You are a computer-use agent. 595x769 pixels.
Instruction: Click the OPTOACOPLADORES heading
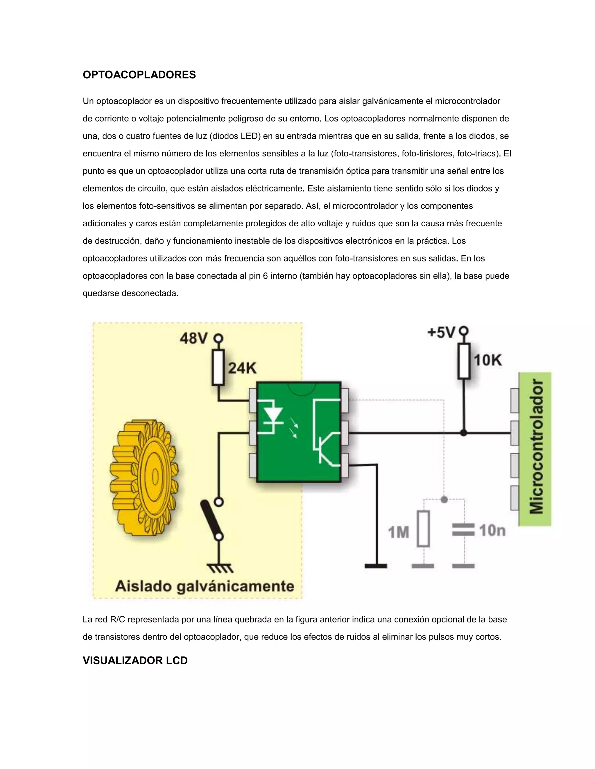coord(139,75)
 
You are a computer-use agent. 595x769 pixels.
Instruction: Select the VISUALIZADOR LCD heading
coord(135,660)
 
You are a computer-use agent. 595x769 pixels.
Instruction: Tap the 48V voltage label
coord(193,338)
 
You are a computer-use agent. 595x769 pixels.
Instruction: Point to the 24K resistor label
coord(243,368)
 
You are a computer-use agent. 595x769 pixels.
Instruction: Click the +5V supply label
coord(441,332)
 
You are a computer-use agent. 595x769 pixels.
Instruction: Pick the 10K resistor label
coord(488,360)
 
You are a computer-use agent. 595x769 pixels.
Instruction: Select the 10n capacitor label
coord(492,530)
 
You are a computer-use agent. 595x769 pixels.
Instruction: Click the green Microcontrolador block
coord(535,449)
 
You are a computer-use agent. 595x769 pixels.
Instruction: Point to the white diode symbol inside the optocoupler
coord(271,416)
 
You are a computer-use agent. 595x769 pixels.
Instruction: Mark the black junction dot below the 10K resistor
coord(464,433)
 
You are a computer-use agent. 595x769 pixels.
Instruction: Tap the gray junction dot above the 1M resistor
coord(444,499)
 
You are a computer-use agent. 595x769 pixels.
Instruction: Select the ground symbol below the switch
coord(220,568)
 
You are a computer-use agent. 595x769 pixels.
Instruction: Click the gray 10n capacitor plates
coord(463,530)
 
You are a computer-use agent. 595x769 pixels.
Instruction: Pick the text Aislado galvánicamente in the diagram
coord(205,586)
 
